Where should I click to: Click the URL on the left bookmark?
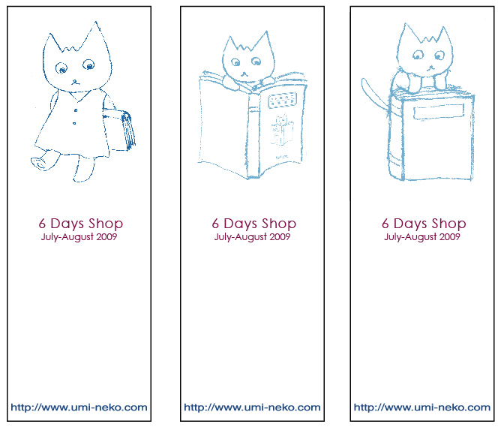(79, 407)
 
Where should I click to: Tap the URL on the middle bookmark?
(252, 407)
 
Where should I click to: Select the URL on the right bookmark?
(422, 407)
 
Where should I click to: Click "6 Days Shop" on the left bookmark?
(81, 224)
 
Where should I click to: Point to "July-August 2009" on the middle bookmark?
(252, 237)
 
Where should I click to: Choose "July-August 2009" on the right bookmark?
(422, 237)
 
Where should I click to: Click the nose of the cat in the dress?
(75, 82)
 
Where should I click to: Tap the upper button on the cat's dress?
(76, 110)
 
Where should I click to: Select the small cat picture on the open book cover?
(282, 130)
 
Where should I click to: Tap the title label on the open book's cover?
(282, 100)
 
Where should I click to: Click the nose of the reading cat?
(244, 74)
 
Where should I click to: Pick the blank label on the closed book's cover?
(438, 111)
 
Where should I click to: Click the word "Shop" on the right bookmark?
(448, 224)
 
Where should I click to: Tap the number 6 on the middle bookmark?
(216, 224)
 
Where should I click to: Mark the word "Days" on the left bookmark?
(67, 224)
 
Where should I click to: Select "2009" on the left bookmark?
(106, 236)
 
